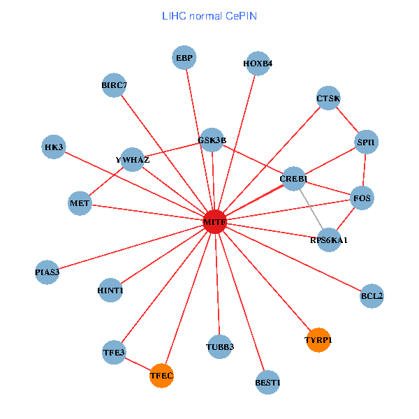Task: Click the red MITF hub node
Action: (x=214, y=221)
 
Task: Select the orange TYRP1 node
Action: (x=318, y=339)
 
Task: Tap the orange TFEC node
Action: (x=161, y=376)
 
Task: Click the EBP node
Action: (x=184, y=57)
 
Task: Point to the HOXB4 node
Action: (x=258, y=63)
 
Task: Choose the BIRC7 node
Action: (x=114, y=85)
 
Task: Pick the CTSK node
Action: (x=328, y=98)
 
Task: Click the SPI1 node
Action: (x=366, y=142)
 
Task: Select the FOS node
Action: (x=362, y=198)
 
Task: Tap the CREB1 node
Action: (x=293, y=179)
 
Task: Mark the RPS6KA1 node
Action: (x=329, y=240)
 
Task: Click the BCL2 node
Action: (x=372, y=295)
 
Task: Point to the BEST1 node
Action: (x=267, y=382)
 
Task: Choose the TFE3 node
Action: (x=114, y=352)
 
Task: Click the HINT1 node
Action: (x=110, y=290)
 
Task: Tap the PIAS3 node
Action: (x=47, y=271)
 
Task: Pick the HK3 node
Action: (x=54, y=147)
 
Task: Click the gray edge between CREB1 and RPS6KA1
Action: (x=311, y=209)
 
